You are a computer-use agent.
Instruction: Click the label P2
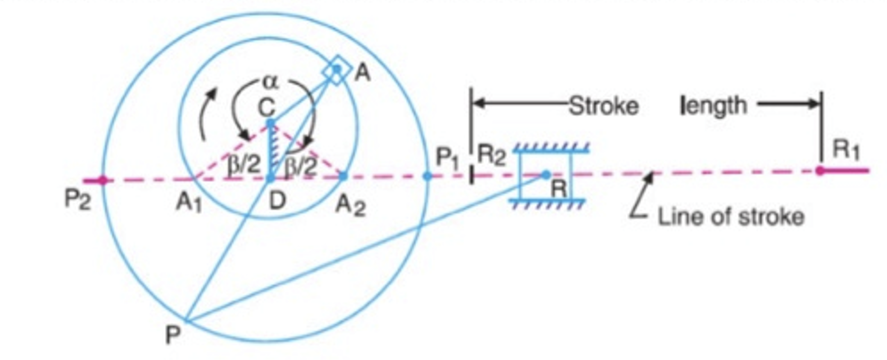[x=77, y=200]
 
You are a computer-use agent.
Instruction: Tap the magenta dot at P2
[x=103, y=180]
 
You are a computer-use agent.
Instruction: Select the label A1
[x=188, y=202]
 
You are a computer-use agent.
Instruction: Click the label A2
[x=350, y=206]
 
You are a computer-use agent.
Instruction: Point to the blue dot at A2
[x=343, y=176]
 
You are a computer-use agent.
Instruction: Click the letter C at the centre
[x=267, y=107]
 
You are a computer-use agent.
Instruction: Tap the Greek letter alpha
[x=270, y=82]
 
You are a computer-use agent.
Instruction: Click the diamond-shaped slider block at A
[x=337, y=70]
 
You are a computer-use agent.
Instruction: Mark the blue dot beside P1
[x=427, y=176]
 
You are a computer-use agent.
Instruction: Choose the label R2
[x=491, y=155]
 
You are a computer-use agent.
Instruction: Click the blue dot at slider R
[x=546, y=174]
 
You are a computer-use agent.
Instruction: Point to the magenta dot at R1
[x=819, y=171]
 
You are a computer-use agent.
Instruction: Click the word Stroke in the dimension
[x=603, y=106]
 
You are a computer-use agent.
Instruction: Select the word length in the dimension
[x=713, y=105]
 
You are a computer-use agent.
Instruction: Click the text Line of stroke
[x=731, y=217]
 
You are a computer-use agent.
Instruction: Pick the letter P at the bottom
[x=173, y=335]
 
